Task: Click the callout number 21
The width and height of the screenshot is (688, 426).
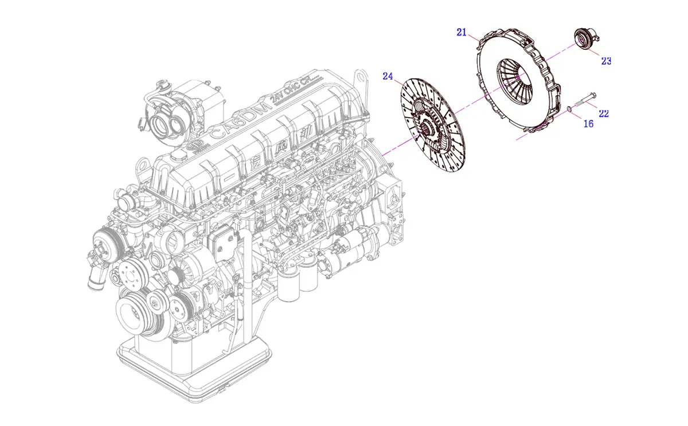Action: (x=462, y=32)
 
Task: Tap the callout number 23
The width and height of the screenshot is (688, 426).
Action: (x=606, y=61)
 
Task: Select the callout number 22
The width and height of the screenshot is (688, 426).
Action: (x=603, y=114)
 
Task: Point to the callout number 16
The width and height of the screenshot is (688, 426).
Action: (x=588, y=123)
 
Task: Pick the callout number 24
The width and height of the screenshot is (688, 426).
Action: (x=388, y=76)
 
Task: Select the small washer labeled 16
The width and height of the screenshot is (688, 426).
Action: (x=569, y=108)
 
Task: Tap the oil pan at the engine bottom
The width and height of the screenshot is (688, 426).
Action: (x=195, y=367)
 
